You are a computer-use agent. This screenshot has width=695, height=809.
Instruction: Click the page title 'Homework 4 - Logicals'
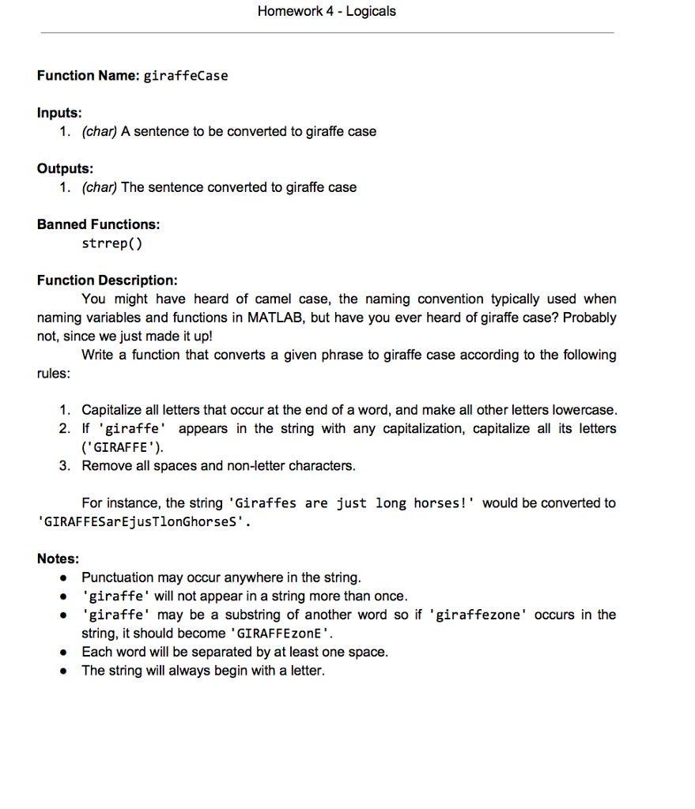pyautogui.click(x=327, y=12)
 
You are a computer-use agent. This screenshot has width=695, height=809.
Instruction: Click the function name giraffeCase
pyautogui.click(x=185, y=76)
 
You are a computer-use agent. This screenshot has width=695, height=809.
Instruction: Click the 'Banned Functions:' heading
pyautogui.click(x=98, y=224)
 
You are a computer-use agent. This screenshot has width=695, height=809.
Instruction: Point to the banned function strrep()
pyautogui.click(x=111, y=243)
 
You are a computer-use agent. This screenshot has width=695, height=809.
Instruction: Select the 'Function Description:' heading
pyautogui.click(x=107, y=280)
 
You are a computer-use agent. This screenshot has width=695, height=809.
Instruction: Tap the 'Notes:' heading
pyautogui.click(x=59, y=559)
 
